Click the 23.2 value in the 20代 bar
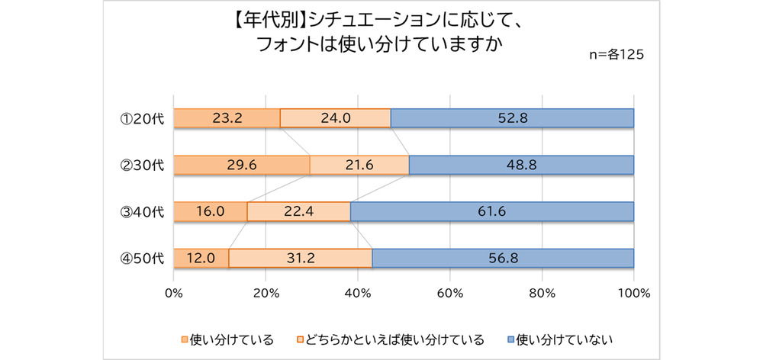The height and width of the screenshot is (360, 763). [x=227, y=118]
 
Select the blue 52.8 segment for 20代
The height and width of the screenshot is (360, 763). [x=512, y=118]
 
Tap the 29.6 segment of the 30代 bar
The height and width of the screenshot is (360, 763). [x=242, y=166]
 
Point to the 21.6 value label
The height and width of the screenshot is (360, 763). [x=359, y=166]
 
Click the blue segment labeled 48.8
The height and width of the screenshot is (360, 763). [x=521, y=166]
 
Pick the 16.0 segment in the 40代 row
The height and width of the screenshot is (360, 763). [x=210, y=212]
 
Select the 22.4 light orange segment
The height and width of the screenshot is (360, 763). [x=299, y=212]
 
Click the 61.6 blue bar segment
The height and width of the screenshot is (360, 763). [x=492, y=212]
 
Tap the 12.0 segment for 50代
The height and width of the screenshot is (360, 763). [x=201, y=259]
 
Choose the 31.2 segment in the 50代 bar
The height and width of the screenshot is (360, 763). [x=301, y=259]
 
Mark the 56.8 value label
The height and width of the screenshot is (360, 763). [x=503, y=259]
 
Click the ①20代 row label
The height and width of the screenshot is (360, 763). [x=143, y=118]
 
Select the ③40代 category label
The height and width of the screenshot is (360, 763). [x=143, y=212]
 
